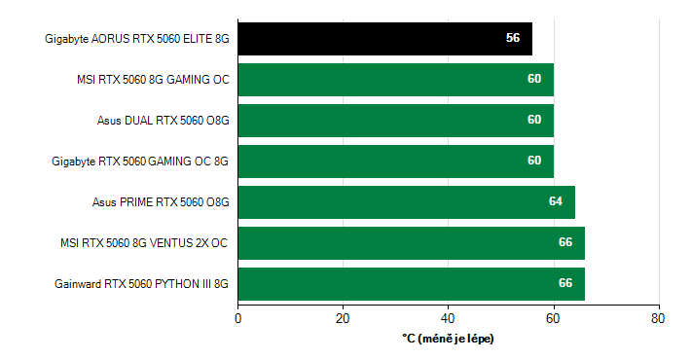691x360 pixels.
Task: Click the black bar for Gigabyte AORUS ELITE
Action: [384, 39]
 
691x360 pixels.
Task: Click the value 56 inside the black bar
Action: [513, 39]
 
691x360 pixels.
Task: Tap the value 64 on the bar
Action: [556, 202]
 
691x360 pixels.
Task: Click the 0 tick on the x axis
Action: [238, 317]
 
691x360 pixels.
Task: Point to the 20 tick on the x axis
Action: [344, 317]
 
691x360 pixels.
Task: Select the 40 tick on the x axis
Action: [449, 317]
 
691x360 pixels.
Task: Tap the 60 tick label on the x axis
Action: [554, 317]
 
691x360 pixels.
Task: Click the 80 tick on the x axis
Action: [659, 317]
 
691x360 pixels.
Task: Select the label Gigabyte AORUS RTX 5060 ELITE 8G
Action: [137, 39]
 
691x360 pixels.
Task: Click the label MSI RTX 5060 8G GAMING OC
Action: [153, 80]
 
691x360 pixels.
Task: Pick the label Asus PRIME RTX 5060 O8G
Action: [161, 202]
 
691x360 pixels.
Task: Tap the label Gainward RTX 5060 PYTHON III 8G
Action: [142, 284]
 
